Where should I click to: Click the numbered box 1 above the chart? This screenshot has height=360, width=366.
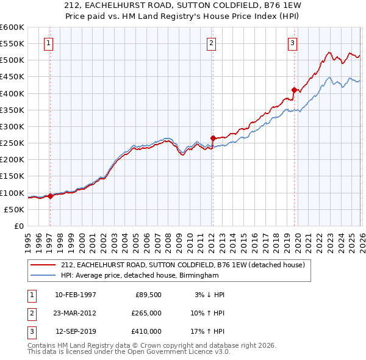click(x=48, y=43)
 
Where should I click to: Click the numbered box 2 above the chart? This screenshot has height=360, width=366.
click(x=211, y=43)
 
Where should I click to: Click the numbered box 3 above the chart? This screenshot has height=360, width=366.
click(x=292, y=43)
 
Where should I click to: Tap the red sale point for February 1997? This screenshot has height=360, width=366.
click(x=50, y=196)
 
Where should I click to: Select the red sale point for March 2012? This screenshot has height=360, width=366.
click(x=213, y=138)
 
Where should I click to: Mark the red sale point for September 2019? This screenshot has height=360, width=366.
click(x=294, y=90)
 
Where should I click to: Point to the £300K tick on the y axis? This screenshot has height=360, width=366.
click(x=12, y=126)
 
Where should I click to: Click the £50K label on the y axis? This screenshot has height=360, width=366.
click(x=15, y=209)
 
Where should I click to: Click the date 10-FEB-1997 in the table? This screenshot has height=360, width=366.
click(x=76, y=295)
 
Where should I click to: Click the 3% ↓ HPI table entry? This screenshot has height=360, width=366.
click(x=209, y=295)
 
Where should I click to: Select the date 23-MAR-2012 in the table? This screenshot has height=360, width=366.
click(x=76, y=313)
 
